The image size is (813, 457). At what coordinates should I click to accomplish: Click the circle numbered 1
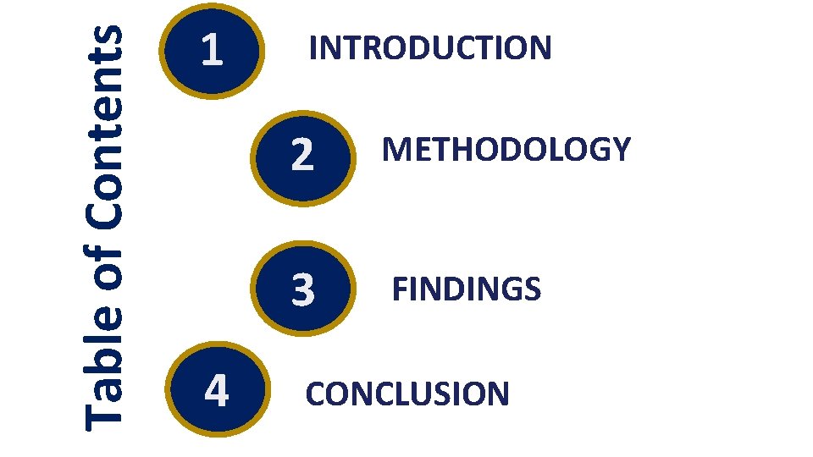[212, 52]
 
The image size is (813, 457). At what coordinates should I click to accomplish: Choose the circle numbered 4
[217, 392]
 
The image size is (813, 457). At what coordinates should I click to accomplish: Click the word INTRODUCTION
[430, 48]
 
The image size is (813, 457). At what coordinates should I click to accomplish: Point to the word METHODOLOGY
[506, 150]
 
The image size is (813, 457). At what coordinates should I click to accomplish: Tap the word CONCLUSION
[407, 394]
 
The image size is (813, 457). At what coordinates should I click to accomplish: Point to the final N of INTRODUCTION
[539, 48]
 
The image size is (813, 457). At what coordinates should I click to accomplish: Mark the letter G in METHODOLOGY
[597, 150]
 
